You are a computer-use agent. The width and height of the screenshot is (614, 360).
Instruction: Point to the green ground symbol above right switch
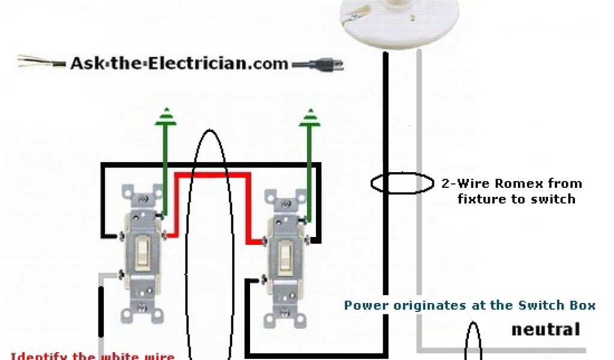point(310,116)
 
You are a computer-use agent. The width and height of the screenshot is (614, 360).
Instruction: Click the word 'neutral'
point(545,329)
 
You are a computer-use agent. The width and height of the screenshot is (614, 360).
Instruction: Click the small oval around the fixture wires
point(401,184)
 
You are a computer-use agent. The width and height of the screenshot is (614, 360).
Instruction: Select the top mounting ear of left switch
point(143,193)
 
